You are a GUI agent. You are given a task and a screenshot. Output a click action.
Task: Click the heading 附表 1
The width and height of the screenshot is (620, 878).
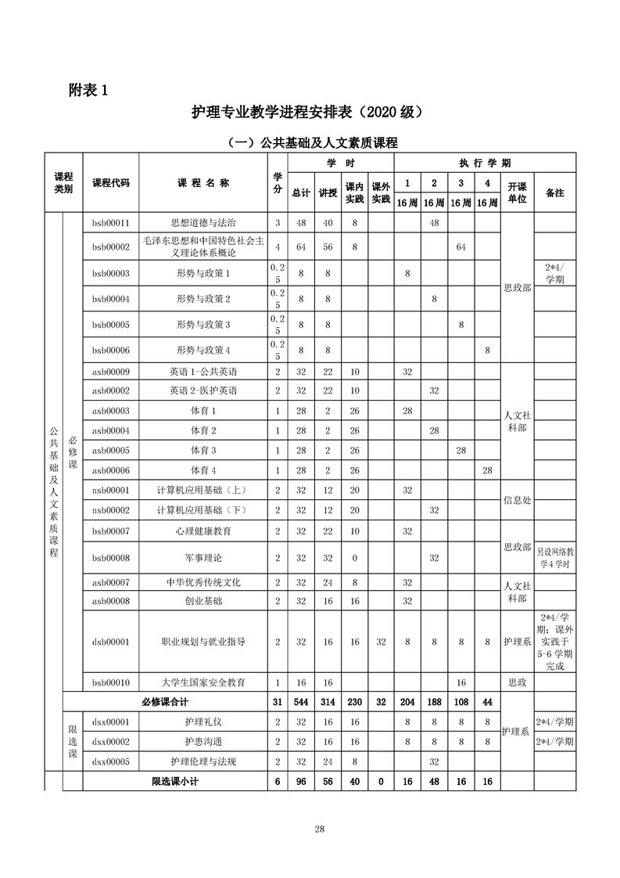(88, 90)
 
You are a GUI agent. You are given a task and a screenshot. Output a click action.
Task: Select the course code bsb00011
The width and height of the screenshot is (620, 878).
(110, 223)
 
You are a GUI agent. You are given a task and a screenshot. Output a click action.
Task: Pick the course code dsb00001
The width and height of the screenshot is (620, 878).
(110, 641)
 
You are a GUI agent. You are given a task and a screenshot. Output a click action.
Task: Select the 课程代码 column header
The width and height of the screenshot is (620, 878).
(111, 182)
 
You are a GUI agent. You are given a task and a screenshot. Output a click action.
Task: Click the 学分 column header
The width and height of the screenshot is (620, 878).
(277, 182)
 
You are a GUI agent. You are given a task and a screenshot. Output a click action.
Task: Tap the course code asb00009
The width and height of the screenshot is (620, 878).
(110, 372)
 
